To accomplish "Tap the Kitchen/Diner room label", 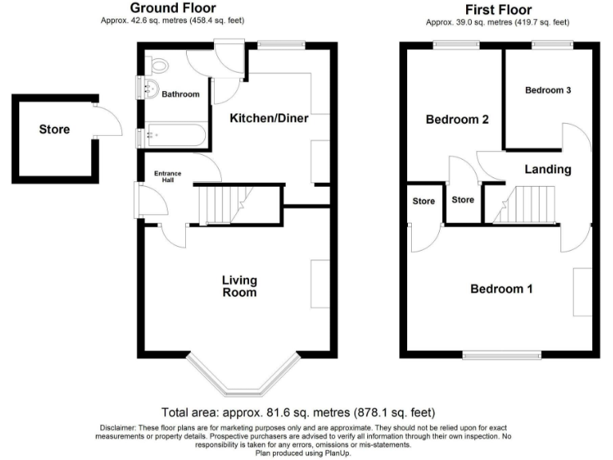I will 269,118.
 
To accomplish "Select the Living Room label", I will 239,286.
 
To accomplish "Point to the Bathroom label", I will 180,94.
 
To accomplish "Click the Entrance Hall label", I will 168,177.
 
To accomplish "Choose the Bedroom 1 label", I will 500,289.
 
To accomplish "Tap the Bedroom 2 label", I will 457,120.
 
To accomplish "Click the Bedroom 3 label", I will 548,90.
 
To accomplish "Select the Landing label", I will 548,169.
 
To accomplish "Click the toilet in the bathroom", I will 159,66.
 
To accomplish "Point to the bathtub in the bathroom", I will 176,135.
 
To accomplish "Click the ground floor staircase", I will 223,204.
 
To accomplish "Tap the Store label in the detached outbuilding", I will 54,129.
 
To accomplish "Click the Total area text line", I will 298,413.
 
